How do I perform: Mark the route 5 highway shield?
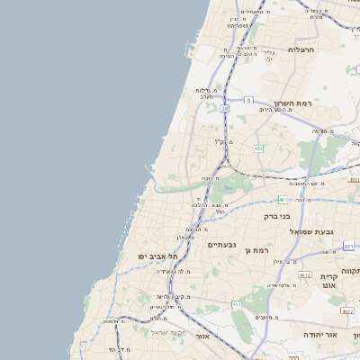(248, 100)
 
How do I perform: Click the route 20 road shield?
(224, 108)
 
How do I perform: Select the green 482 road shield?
(258, 148)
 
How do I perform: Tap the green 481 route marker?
(283, 200)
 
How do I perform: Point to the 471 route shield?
(348, 246)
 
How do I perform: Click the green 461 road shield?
(237, 305)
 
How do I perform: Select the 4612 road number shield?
(305, 275)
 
